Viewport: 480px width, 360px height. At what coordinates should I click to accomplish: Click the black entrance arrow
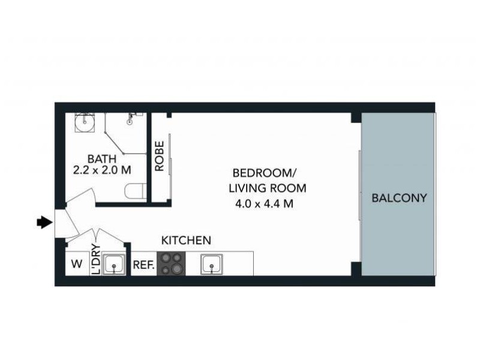click(43, 223)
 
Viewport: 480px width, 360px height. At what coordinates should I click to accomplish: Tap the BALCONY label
click(399, 197)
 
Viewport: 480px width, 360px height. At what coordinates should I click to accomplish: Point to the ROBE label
click(160, 156)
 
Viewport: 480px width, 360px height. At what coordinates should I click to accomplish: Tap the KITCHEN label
click(186, 241)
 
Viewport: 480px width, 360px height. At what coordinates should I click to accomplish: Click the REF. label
click(144, 264)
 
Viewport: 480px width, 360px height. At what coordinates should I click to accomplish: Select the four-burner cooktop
click(171, 264)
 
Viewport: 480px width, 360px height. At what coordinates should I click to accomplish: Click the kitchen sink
click(212, 263)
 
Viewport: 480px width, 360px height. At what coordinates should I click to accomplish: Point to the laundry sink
click(113, 264)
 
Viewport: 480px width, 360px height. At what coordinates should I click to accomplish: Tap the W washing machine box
click(76, 264)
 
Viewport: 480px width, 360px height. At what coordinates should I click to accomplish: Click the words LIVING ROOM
click(268, 188)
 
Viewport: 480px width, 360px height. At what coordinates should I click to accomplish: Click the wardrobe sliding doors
click(172, 165)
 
